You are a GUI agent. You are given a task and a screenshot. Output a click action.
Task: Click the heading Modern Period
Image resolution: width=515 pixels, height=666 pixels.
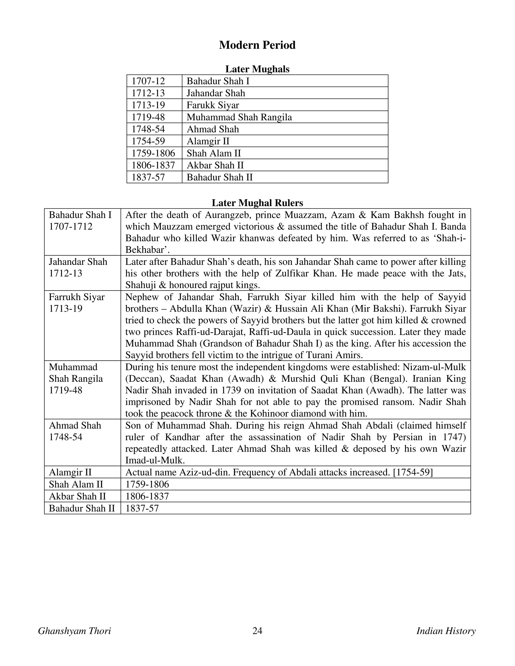click(257, 45)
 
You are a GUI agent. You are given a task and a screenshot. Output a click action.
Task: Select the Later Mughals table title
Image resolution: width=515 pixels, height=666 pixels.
click(257, 69)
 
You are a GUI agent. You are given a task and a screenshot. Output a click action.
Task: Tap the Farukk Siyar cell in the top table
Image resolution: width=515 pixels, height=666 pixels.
click(213, 105)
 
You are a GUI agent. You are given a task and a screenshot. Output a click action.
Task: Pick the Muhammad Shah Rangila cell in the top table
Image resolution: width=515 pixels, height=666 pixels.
click(239, 117)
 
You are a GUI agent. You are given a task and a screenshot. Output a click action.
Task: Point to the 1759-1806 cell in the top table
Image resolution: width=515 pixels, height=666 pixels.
click(153, 153)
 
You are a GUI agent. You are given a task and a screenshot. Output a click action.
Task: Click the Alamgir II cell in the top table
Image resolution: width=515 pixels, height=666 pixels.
click(208, 141)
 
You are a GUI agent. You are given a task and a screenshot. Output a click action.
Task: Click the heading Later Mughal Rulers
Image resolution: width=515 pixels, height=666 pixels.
click(257, 203)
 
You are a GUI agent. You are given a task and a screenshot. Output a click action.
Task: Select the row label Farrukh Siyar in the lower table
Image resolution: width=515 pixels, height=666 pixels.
click(77, 297)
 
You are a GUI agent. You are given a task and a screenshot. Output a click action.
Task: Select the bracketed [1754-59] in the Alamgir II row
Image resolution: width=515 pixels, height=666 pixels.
click(413, 472)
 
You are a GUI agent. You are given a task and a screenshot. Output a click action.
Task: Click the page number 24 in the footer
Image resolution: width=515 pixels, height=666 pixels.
click(257, 631)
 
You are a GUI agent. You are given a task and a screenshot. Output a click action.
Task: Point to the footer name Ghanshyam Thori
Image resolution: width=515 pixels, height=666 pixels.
click(74, 631)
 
